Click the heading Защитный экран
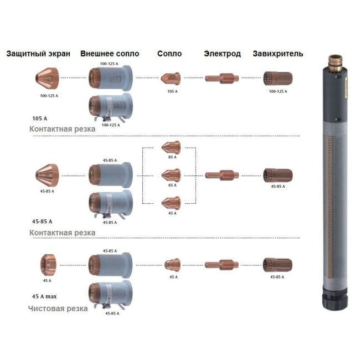coord(38,54)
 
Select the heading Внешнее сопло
coord(110,54)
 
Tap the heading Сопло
coord(169,54)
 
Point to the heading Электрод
coord(222,54)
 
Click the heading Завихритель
coord(277,54)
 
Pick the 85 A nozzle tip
coord(171,147)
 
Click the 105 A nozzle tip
coord(171,79)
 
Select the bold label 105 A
coord(41,117)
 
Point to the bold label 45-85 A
coord(43,221)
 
